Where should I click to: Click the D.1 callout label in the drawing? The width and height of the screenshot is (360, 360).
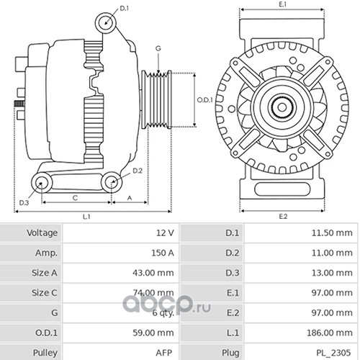click(125, 9)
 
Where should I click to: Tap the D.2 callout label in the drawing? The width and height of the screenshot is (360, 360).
click(138, 171)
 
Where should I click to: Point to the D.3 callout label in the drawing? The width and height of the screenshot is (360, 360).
click(24, 203)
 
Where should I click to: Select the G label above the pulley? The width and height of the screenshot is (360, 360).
click(158, 48)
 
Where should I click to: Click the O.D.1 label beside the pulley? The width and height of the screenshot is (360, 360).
click(205, 100)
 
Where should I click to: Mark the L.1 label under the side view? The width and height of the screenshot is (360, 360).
click(86, 217)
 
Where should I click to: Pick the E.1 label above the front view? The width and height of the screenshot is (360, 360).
click(283, 4)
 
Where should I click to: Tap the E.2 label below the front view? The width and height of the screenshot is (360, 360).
click(283, 217)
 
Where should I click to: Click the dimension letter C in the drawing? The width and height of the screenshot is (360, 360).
click(75, 198)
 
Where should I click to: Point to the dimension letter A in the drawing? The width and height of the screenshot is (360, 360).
click(130, 198)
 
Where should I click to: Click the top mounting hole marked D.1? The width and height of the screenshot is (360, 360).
click(106, 23)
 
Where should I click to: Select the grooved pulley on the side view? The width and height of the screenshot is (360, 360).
click(156, 99)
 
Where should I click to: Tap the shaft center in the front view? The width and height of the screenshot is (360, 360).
click(282, 107)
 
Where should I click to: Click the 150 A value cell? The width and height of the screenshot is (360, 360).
click(163, 253)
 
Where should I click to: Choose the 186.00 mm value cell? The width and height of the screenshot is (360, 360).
click(330, 333)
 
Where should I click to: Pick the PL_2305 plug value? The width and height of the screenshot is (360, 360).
click(333, 353)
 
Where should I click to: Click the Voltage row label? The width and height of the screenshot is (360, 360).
click(42, 233)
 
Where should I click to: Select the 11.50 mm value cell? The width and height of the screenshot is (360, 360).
click(332, 233)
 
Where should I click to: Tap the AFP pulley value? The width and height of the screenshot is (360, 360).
click(164, 353)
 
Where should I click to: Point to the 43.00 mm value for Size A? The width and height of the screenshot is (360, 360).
click(153, 273)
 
